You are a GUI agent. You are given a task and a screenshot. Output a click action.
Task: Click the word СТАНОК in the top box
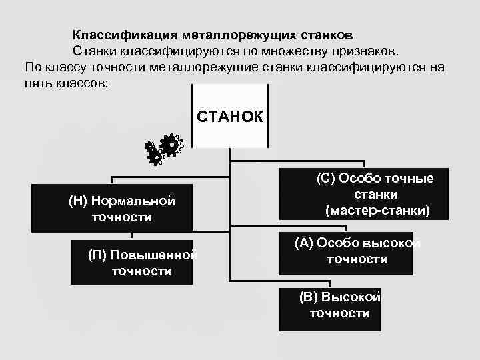coord(230,117)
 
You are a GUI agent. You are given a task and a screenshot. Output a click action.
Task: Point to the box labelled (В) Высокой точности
coord(330,305)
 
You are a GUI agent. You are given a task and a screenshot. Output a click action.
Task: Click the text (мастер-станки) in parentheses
coord(378,211)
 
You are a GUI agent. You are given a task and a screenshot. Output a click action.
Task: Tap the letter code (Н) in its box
coord(79,201)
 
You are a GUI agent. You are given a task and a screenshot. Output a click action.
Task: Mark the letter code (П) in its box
coord(98,255)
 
